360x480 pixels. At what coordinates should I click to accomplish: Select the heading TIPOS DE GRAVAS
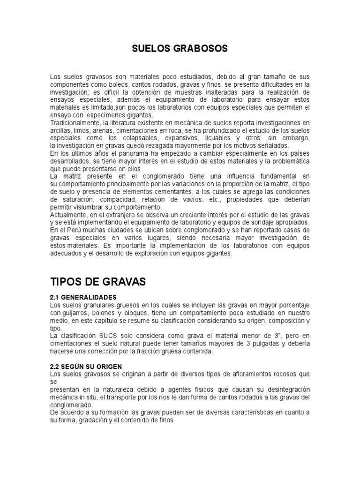(98, 282)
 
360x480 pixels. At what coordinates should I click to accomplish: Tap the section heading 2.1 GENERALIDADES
(83, 298)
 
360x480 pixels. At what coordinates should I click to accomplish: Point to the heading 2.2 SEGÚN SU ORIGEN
(85, 366)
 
